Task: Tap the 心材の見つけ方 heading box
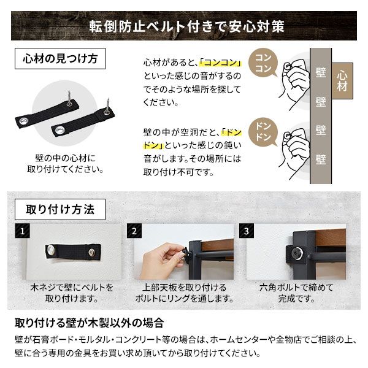pos(59,60)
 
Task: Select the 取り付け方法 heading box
pos(59,209)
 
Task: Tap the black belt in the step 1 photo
pos(72,251)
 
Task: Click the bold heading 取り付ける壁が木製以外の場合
pos(88,323)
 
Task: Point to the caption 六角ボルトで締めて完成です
pos(296,293)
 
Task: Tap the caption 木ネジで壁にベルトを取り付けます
pos(72,293)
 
